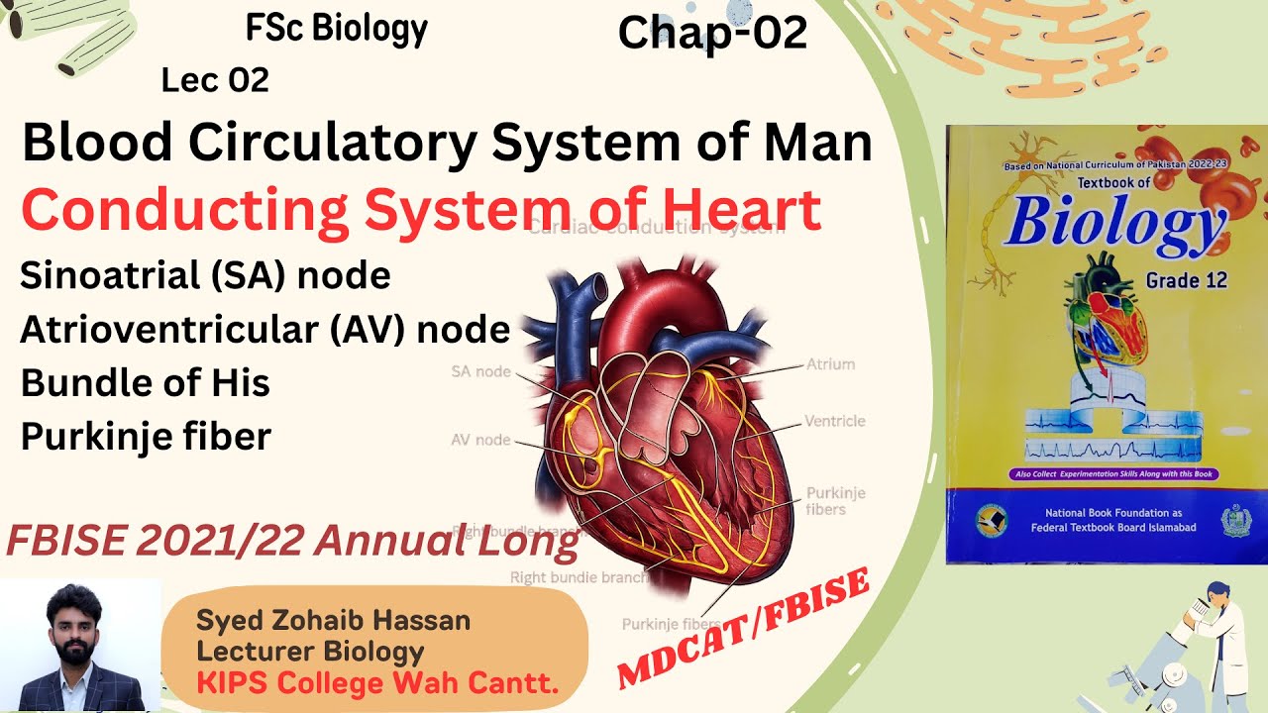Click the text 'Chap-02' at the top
tap(712, 33)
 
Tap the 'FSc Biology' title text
tap(337, 29)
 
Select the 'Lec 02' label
tap(215, 80)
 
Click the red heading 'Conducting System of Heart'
tap(421, 210)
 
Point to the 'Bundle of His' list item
tap(146, 383)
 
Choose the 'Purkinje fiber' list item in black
tap(146, 437)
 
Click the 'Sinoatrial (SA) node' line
tap(205, 275)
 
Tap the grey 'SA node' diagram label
tap(480, 372)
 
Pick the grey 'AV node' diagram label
tap(480, 440)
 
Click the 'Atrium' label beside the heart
tap(830, 364)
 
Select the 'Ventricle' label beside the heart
tap(835, 421)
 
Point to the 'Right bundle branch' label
tap(580, 576)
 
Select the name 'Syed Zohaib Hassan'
tap(333, 622)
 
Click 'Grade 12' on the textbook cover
tap(1186, 280)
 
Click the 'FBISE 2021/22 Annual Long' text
tap(292, 542)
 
